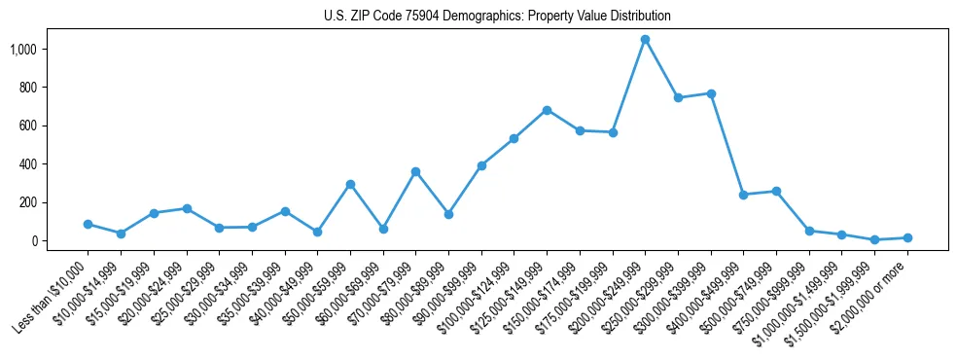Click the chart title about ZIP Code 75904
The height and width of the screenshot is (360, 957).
497,17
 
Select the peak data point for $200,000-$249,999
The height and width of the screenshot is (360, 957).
645,40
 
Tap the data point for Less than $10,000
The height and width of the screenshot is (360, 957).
88,224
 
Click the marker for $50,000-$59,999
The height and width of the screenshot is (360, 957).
350,184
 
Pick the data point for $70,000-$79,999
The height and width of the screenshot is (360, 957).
415,172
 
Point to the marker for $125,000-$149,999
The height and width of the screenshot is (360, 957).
547,110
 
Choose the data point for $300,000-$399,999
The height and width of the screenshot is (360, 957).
711,93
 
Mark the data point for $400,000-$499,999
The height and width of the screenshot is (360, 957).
743,195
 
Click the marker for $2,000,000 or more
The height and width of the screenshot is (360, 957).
907,237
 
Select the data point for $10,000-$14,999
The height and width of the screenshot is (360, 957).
121,234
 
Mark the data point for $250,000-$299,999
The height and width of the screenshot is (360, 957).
678,98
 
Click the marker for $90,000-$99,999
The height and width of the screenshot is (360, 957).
481,166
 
